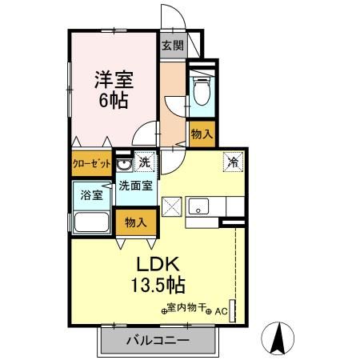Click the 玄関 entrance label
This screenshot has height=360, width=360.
172,46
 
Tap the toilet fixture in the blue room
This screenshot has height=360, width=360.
201,91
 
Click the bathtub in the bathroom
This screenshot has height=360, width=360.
92,222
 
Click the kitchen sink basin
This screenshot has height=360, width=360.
198,206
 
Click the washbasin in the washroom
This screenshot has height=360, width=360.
124,165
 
